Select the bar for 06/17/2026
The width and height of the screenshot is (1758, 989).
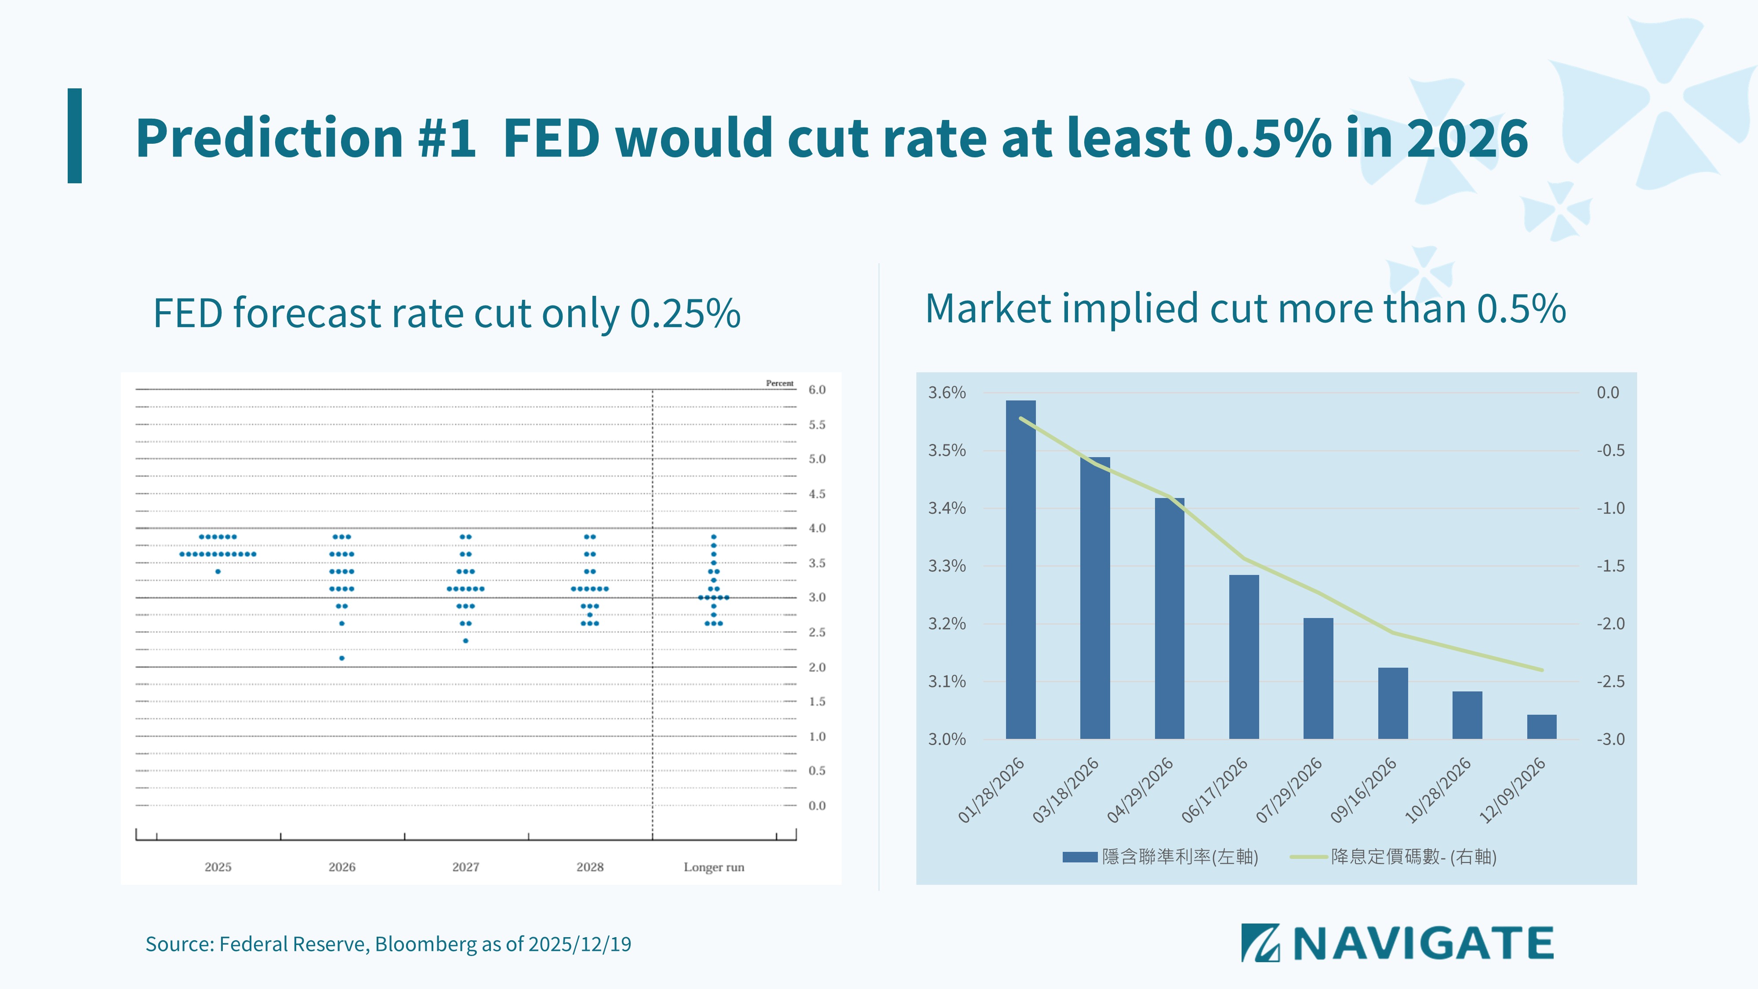pyautogui.click(x=1244, y=657)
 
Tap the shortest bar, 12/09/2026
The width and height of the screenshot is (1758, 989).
pyautogui.click(x=1542, y=727)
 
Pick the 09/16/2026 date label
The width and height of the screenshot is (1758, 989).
pyautogui.click(x=1363, y=790)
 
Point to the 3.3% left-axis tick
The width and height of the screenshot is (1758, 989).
pyautogui.click(x=947, y=566)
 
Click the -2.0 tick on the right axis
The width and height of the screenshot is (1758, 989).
pyautogui.click(x=1611, y=624)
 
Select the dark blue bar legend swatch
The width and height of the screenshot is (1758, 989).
pyautogui.click(x=1080, y=857)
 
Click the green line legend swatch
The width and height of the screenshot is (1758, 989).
pyautogui.click(x=1308, y=857)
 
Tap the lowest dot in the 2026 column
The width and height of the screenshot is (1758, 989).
pyautogui.click(x=342, y=658)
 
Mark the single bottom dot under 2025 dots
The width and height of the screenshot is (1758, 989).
pyautogui.click(x=218, y=571)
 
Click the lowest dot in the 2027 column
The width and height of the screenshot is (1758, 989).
pyautogui.click(x=465, y=641)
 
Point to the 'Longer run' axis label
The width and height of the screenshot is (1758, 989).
pyautogui.click(x=714, y=867)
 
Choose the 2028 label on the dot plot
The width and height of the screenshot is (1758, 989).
pyautogui.click(x=590, y=867)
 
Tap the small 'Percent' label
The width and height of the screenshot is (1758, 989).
pyautogui.click(x=779, y=383)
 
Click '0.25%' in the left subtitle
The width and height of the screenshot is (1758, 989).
pyautogui.click(x=685, y=313)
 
